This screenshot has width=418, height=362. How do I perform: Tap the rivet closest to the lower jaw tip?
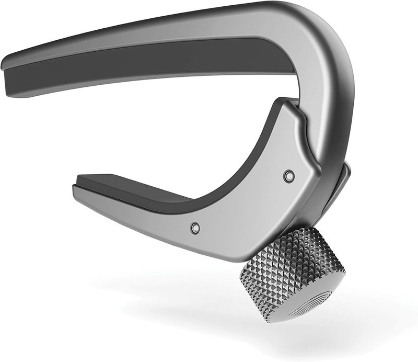[x=195, y=227]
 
